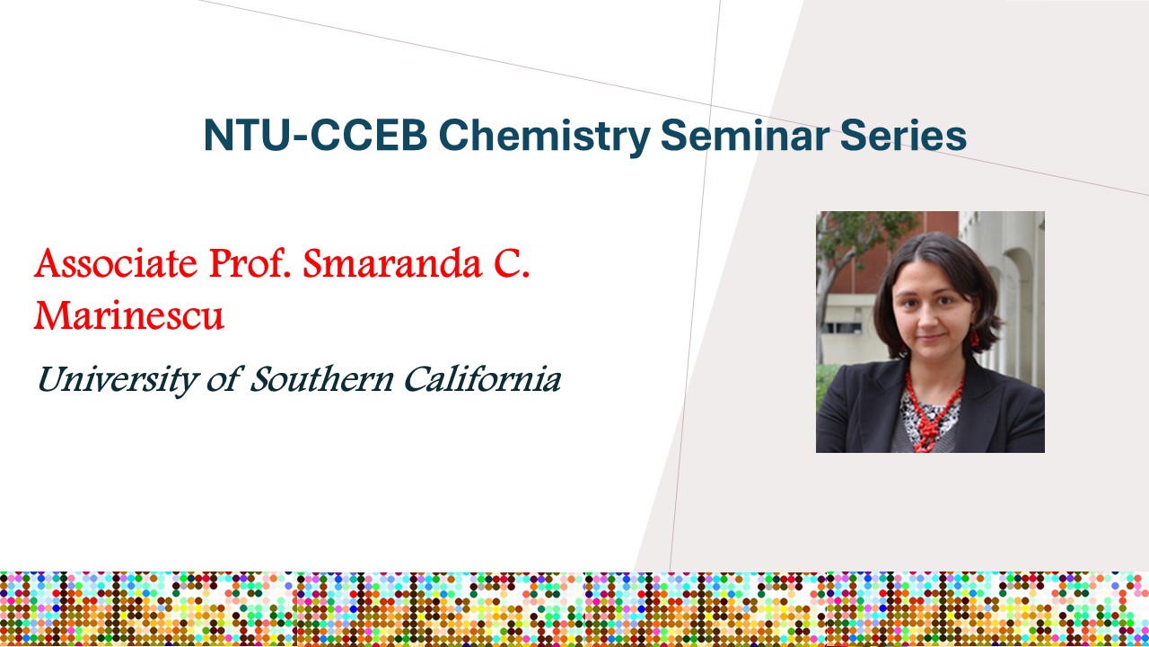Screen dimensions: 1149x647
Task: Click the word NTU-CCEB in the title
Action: (x=316, y=135)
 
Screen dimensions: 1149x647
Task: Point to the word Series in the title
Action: (x=903, y=135)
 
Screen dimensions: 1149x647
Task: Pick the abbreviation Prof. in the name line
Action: (x=250, y=263)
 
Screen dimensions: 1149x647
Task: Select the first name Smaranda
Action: (x=393, y=263)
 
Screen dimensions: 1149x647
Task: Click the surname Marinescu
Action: (x=128, y=315)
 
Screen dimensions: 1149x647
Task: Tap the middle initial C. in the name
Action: (x=512, y=263)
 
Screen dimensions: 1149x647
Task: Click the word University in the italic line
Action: (x=117, y=380)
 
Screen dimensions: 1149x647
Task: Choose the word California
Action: (x=483, y=379)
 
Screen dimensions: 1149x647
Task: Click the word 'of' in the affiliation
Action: (x=224, y=379)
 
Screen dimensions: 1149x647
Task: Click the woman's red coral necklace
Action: (x=931, y=411)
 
